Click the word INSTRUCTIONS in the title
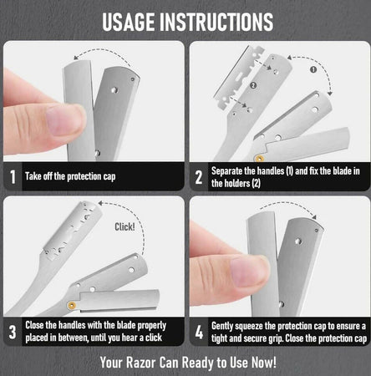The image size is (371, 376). pos(216,22)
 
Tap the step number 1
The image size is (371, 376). pos(13,177)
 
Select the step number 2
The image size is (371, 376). pos(198,177)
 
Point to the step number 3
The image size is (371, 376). pos(13,332)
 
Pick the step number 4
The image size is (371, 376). pos(199,332)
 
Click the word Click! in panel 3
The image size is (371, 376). pos(125,226)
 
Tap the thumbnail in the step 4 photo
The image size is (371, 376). pos(248,272)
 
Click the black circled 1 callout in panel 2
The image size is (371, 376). pos(313,69)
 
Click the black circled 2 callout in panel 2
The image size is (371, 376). pos(253,85)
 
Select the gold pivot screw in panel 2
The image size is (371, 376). pos(260,159)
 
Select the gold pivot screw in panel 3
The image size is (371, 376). pos(72,305)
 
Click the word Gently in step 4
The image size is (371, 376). pos(222,326)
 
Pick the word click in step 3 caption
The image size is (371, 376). pos(154,338)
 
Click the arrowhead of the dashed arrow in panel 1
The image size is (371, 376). pos(76,58)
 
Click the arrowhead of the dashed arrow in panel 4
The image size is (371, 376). pos(314,216)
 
